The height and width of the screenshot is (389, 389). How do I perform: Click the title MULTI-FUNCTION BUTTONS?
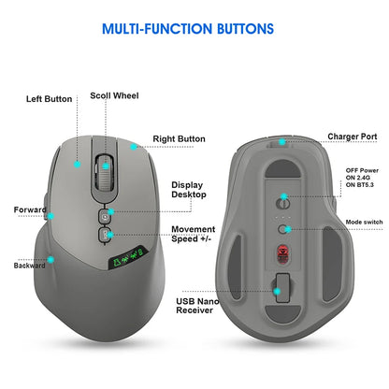tap(194, 30)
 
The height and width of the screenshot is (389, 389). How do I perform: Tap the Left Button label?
tap(49, 98)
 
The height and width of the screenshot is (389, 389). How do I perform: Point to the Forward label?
tap(30, 209)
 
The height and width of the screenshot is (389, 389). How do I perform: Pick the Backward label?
tap(30, 266)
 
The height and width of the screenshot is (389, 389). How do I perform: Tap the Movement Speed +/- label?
tap(194, 235)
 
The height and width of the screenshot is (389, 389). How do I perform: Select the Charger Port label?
tap(352, 137)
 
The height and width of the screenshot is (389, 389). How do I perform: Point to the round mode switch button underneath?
tap(282, 226)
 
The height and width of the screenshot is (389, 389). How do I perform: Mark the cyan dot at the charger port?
tap(282, 142)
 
